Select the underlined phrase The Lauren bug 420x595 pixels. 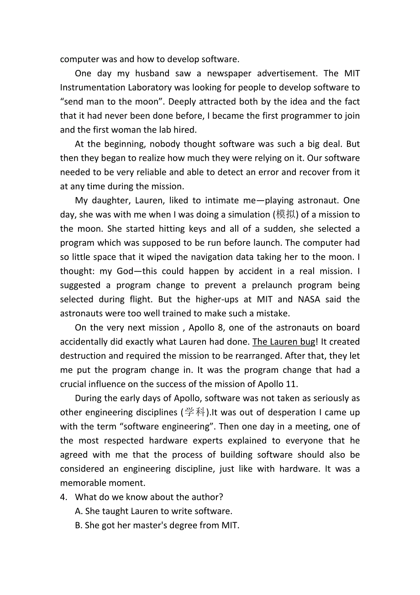(x=283, y=342)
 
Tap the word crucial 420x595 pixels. (x=75, y=384)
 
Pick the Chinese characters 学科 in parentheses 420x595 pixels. (x=195, y=412)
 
